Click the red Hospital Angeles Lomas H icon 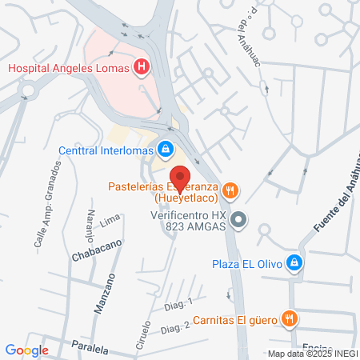[142, 68]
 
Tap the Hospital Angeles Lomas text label [68, 68]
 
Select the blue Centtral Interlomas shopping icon [166, 148]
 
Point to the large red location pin [180, 178]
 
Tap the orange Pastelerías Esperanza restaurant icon [230, 190]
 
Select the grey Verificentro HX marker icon [238, 219]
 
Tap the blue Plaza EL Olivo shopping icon [294, 262]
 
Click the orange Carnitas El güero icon [290, 319]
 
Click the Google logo [26, 350]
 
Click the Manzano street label [101, 294]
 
